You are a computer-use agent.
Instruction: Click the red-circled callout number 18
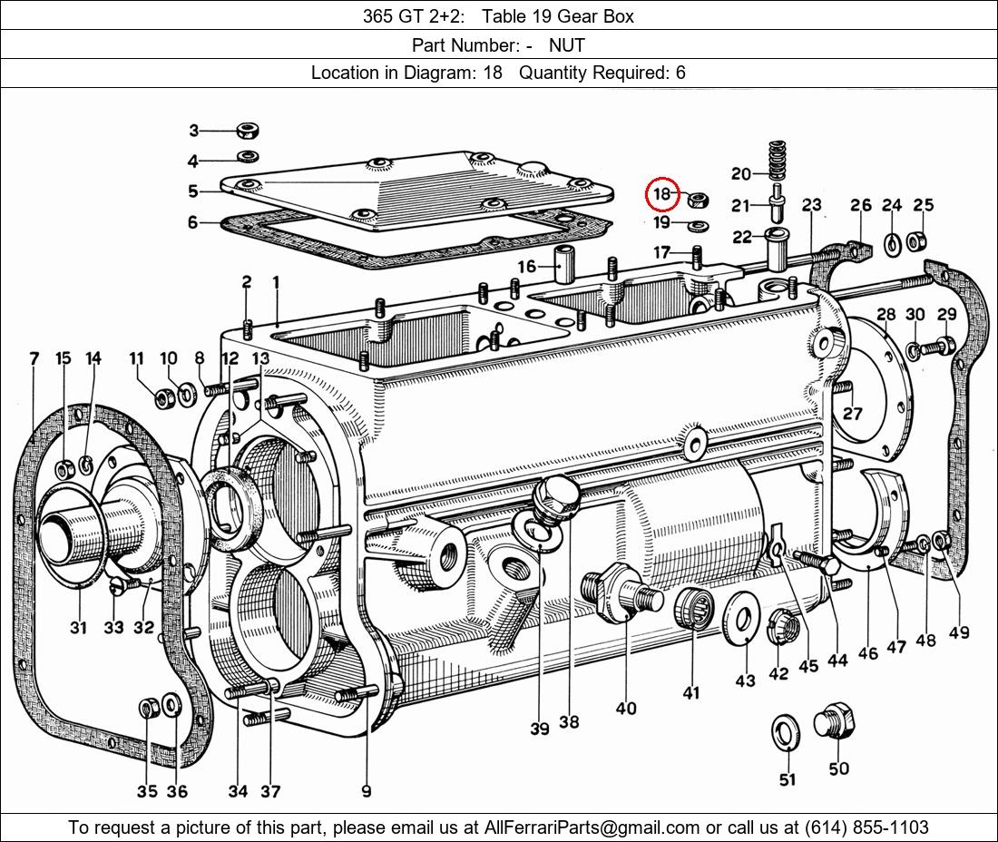tap(662, 193)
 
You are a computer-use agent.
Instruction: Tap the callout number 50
tap(838, 769)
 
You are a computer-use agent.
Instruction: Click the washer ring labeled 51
tap(785, 732)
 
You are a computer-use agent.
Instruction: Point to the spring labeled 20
tap(776, 162)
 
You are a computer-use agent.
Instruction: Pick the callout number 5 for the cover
tap(193, 191)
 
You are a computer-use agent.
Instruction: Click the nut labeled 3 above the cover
tap(246, 131)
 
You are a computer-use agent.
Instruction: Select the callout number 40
tap(626, 708)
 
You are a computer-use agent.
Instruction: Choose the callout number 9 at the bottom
tap(366, 791)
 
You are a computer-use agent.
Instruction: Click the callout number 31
tap(78, 627)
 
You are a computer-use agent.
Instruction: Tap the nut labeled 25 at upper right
tap(917, 241)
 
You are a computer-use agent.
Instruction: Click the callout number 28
tap(885, 315)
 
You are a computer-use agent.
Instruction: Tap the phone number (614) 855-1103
tap(866, 827)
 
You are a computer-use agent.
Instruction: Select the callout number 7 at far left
tap(34, 358)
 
